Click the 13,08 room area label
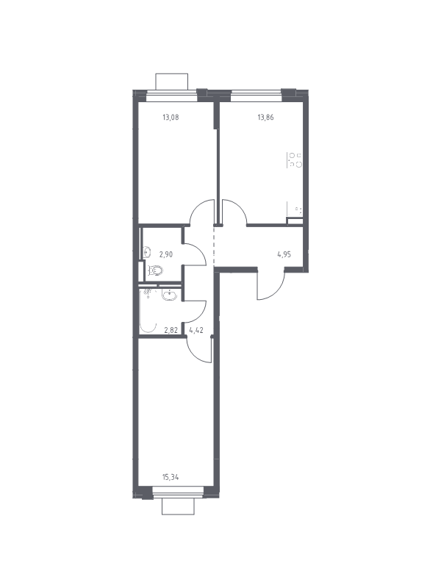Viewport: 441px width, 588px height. [x=171, y=117]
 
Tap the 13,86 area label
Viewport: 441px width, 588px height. [x=265, y=117]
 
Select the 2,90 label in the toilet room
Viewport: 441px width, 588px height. [x=166, y=254]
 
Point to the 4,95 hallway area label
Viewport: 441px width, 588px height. [x=284, y=254]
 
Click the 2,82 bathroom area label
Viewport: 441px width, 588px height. [x=171, y=330]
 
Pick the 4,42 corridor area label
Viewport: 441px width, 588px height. [x=196, y=330]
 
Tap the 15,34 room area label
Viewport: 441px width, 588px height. [x=171, y=477]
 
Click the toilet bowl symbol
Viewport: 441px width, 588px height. [x=155, y=270]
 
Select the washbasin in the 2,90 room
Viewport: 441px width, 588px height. [x=147, y=252]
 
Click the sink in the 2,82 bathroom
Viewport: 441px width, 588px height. [x=169, y=295]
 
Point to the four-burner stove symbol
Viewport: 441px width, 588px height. [x=295, y=159]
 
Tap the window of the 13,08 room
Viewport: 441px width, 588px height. [x=171, y=96]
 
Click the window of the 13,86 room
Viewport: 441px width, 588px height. [x=256, y=96]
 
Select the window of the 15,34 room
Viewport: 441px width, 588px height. [x=178, y=492]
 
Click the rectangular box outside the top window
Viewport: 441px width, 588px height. [x=171, y=82]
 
